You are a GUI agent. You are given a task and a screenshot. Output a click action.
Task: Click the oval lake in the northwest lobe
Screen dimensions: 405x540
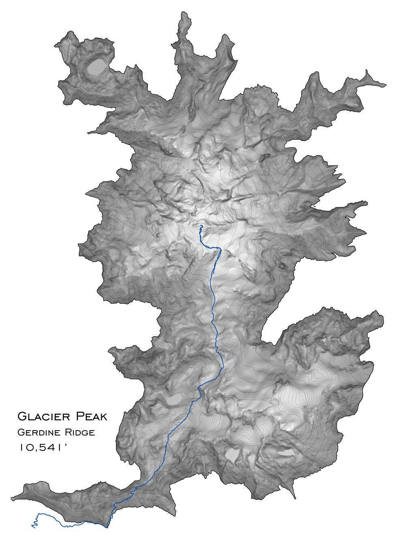tap(96, 66)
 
